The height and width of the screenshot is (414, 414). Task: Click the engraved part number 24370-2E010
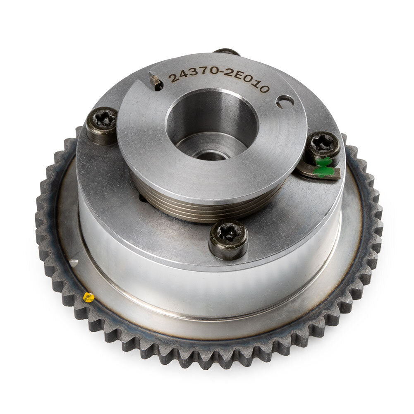pos(219,79)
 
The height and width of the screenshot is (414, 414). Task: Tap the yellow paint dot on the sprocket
pos(88,297)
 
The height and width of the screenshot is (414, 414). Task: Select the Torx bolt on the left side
pos(102,125)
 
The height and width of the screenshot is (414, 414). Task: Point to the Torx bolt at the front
pos(229,239)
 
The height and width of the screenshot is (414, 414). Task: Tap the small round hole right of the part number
pos(285,102)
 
